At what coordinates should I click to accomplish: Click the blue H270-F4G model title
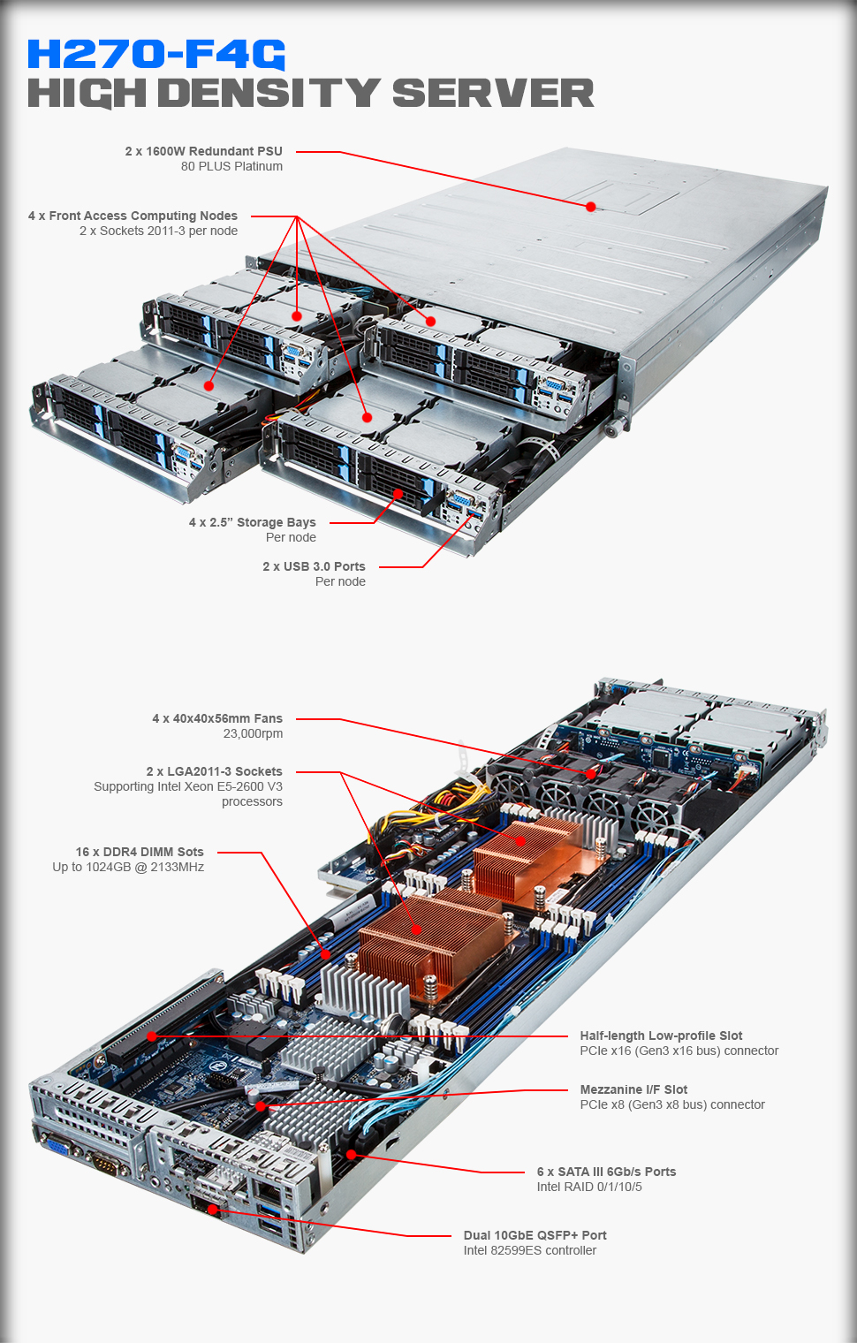[156, 54]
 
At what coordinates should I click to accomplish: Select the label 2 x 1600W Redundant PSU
[203, 151]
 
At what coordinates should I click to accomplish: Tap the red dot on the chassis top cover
[590, 207]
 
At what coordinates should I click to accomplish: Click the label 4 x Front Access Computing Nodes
[133, 216]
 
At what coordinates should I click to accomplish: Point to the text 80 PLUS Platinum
[231, 166]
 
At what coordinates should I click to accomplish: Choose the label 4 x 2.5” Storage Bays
[252, 522]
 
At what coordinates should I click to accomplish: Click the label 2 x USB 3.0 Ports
[314, 566]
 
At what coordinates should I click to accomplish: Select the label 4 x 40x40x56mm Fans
[217, 718]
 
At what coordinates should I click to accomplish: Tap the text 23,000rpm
[253, 733]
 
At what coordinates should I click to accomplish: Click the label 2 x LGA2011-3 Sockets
[214, 771]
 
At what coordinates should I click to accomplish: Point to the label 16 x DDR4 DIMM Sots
[140, 852]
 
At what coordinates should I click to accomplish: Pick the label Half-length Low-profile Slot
[661, 1036]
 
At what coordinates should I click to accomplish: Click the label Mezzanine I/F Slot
[633, 1089]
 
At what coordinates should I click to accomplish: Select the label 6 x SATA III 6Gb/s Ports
[606, 1172]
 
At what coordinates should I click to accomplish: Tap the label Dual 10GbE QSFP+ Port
[535, 1235]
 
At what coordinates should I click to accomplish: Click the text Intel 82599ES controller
[529, 1250]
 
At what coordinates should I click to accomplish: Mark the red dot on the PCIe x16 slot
[152, 1036]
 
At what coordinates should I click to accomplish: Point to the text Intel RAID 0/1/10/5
[589, 1187]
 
